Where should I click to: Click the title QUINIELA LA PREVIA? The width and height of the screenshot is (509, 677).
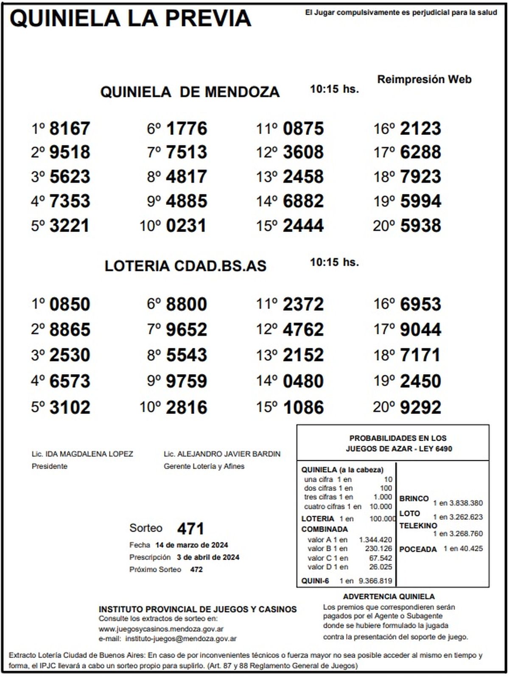[130, 19]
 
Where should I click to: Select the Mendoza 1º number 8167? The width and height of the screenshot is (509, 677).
[70, 129]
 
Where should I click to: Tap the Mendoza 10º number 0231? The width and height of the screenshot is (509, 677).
[186, 226]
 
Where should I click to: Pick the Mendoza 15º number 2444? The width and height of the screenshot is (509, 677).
[303, 226]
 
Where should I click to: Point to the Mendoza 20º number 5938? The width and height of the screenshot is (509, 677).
[420, 226]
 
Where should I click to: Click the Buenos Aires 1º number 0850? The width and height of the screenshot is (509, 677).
[70, 305]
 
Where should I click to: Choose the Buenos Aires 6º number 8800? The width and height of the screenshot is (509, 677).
[187, 305]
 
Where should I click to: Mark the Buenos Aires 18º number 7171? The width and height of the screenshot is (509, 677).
[420, 355]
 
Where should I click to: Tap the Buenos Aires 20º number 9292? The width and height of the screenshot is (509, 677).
[420, 407]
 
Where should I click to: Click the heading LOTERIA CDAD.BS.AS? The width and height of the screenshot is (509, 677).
[185, 266]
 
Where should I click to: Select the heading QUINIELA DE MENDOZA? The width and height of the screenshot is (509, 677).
[190, 92]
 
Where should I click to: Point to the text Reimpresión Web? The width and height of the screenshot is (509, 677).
[424, 79]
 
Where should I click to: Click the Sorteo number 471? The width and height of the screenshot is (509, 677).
[190, 529]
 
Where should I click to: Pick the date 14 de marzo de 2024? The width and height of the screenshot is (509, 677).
[192, 545]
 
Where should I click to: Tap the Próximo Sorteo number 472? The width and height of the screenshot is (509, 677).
[196, 569]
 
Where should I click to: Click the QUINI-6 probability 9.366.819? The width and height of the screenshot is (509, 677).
[375, 581]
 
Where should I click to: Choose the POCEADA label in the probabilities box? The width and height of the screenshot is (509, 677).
[418, 549]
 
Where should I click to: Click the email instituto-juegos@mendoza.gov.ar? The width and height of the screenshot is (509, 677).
[181, 638]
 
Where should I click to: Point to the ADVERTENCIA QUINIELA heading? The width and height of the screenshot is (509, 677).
[389, 596]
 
